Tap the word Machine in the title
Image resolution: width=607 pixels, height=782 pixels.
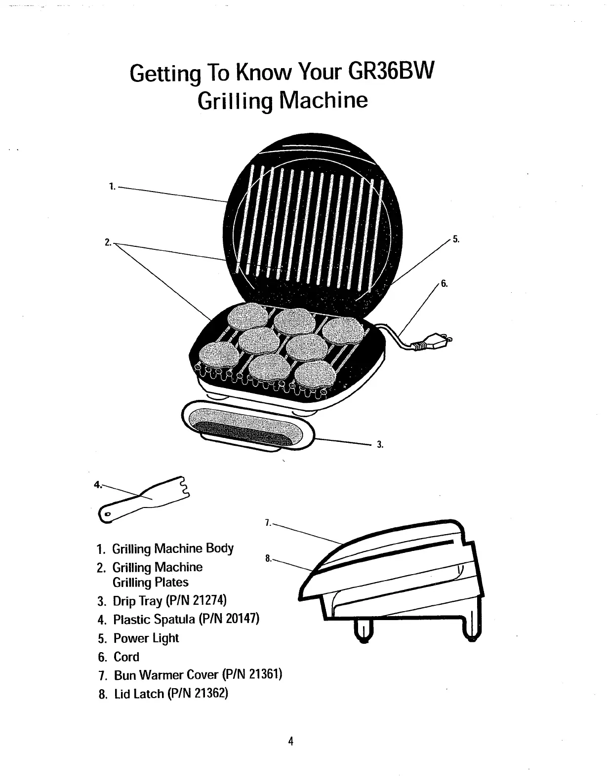pos(324,100)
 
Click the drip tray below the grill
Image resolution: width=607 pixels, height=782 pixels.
pos(247,425)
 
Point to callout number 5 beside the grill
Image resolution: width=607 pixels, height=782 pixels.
pos(456,240)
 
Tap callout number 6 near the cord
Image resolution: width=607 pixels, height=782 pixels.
pos(444,284)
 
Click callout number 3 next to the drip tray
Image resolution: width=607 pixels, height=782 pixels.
pos(380,444)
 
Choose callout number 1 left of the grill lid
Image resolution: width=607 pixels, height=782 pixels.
pos(112,187)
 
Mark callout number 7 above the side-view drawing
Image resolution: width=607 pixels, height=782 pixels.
pos(267,523)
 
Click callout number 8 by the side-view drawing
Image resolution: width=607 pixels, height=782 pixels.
pos(267,559)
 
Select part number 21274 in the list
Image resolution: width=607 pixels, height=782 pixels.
pos(209,600)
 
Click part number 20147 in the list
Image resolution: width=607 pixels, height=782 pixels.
pos(242,619)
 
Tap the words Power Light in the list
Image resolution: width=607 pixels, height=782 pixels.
pos(146,638)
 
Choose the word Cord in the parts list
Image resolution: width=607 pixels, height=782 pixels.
pos(126,657)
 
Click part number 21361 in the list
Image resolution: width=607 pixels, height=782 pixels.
pos(264,675)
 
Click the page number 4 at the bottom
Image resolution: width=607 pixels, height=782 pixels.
pos(291,741)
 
